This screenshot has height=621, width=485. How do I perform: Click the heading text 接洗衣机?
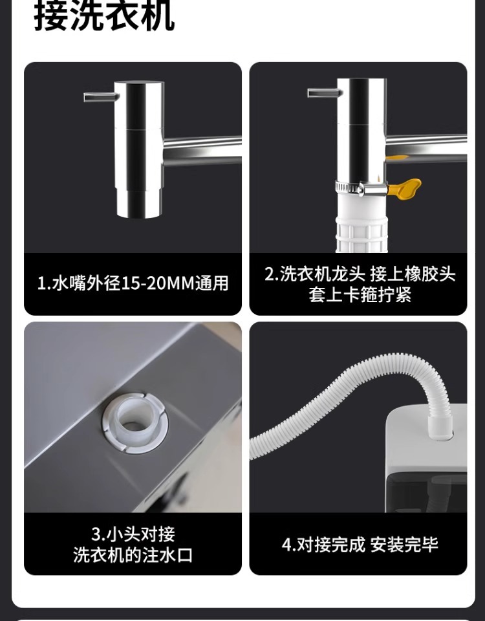[104, 17]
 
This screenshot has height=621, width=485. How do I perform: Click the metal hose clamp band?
[361, 188]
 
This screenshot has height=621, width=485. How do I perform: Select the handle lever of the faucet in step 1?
[101, 96]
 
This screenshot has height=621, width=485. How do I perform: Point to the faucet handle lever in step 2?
[324, 93]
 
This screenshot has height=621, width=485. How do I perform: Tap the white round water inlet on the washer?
[135, 424]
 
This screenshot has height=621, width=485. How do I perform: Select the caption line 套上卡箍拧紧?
[360, 295]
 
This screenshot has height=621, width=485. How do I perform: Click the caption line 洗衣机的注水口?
[133, 555]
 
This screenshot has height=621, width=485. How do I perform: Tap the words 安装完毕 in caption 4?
[404, 545]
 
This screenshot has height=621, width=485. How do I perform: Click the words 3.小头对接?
[133, 534]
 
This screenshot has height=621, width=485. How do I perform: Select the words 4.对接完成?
[323, 545]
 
